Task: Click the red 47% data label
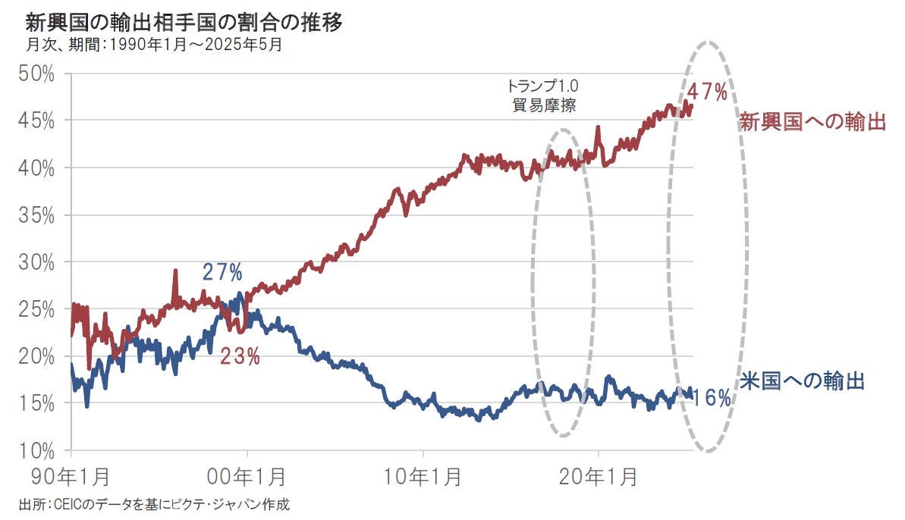707,92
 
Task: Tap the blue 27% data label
222,272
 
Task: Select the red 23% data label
240,356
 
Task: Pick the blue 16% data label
712,397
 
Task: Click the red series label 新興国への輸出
813,122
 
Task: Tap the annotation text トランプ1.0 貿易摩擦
542,96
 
